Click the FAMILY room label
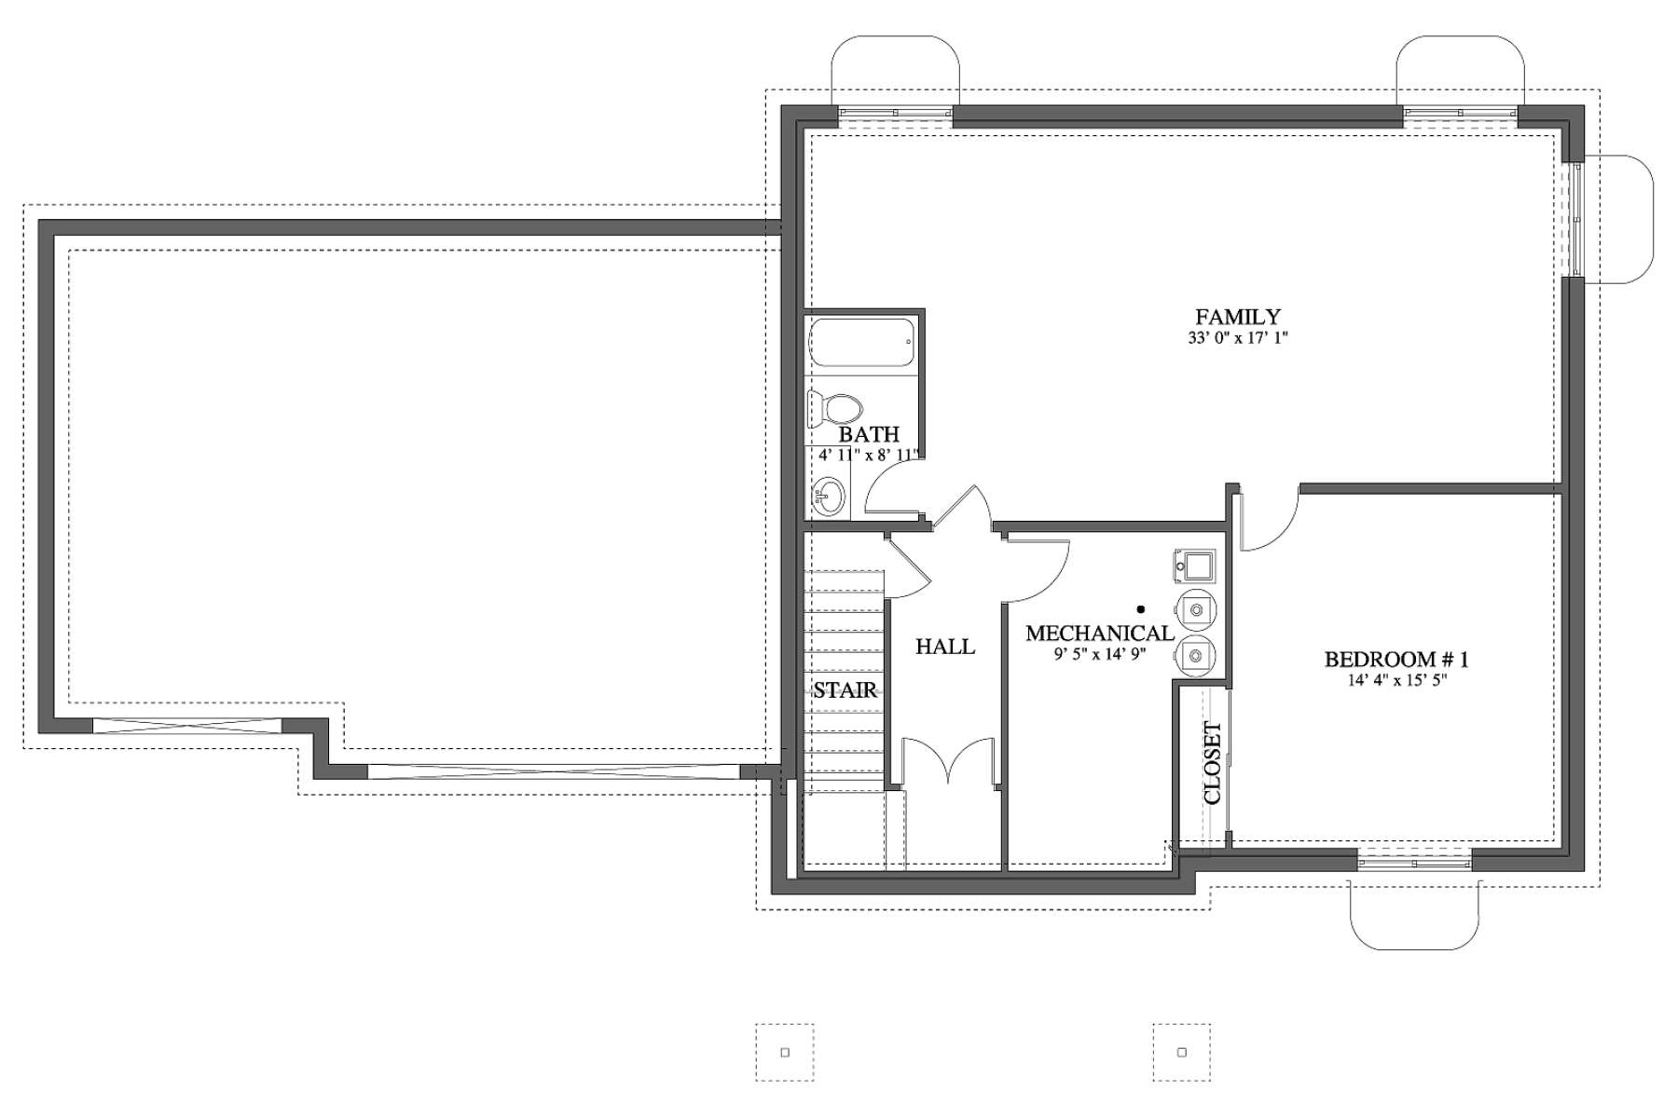point(1238,317)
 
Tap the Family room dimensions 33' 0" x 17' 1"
point(1238,338)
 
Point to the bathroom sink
point(829,496)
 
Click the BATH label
point(869,434)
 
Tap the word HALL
point(945,647)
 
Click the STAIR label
point(845,690)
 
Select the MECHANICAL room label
point(1100,634)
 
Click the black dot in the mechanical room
point(1141,609)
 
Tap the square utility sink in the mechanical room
point(1194,565)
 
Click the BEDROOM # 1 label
point(1396,660)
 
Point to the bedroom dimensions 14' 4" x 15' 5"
point(1396,681)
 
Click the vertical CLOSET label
point(1212,762)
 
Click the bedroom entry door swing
point(1269,518)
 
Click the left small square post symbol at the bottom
point(785,1053)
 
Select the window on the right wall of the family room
point(1574,220)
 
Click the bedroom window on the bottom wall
point(1414,863)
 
